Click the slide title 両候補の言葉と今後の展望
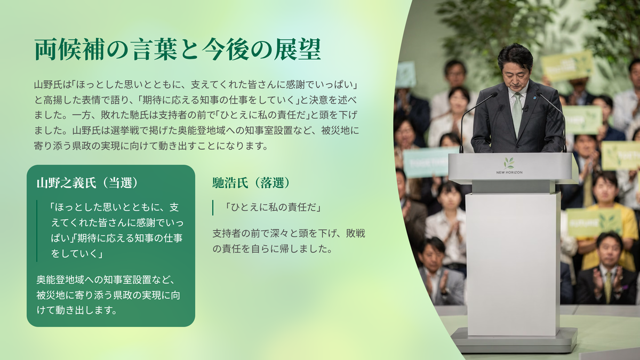tap(178, 50)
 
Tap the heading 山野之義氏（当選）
tap(87, 183)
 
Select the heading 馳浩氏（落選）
tap(251, 183)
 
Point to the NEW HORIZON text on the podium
tap(509, 172)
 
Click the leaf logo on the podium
tap(509, 163)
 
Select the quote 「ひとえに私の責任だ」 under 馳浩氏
tap(273, 207)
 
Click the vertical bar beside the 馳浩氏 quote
tap(213, 207)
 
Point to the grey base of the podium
tap(514, 341)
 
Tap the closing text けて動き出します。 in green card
tap(77, 310)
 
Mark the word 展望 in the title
tap(297, 50)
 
